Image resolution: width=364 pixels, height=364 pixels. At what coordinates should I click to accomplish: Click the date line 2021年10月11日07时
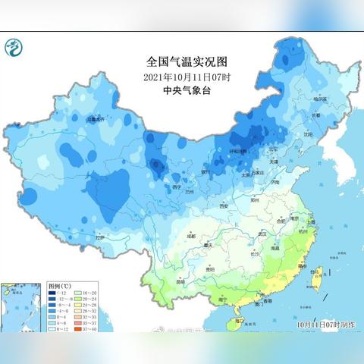pos(183,77)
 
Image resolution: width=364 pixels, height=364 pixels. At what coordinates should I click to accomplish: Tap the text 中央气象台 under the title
pos(183,90)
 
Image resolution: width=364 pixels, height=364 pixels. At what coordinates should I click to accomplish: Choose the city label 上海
pos(309,221)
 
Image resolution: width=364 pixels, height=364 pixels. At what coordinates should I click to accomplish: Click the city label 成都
pos(179,237)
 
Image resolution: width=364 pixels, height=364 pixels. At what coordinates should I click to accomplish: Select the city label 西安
pos(223,206)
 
